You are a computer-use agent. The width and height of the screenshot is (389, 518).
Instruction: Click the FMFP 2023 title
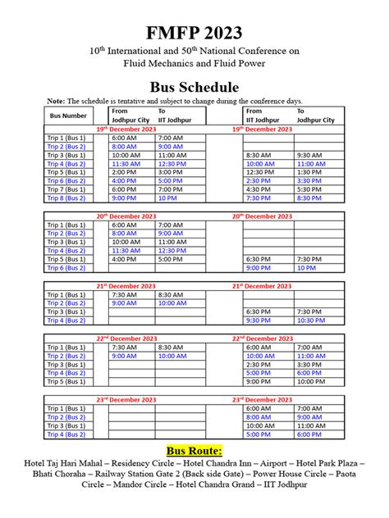pyautogui.click(x=194, y=32)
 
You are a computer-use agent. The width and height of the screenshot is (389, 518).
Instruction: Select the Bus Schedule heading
pyautogui.click(x=194, y=87)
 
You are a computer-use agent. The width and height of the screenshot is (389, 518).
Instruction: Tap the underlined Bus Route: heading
pyautogui.click(x=194, y=451)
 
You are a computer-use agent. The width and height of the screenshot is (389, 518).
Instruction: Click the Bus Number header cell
pyautogui.click(x=68, y=116)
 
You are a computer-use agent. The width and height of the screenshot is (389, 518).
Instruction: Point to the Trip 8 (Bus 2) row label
pyautogui.click(x=66, y=198)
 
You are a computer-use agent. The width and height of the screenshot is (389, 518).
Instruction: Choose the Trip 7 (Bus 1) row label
pyautogui.click(x=66, y=189)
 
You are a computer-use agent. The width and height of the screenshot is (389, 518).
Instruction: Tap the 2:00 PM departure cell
pyautogui.click(x=123, y=172)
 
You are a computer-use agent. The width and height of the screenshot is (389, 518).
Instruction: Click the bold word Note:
pyautogui.click(x=56, y=101)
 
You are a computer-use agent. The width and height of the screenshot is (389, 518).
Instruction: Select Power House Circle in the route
pyautogui.click(x=281, y=475)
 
